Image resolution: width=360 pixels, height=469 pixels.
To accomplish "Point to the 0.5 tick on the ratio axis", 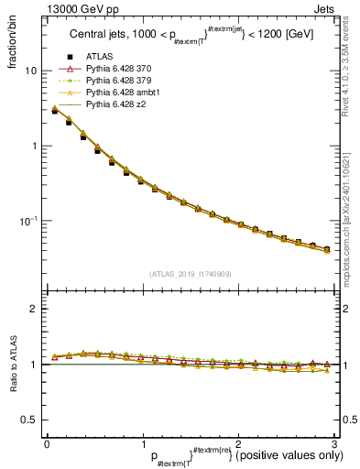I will [29, 420].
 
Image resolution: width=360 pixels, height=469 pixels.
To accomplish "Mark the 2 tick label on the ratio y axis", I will [33, 309].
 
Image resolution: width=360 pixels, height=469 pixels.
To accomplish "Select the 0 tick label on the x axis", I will [47, 443].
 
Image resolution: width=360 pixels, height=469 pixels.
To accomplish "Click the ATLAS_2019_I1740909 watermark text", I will [190, 272].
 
